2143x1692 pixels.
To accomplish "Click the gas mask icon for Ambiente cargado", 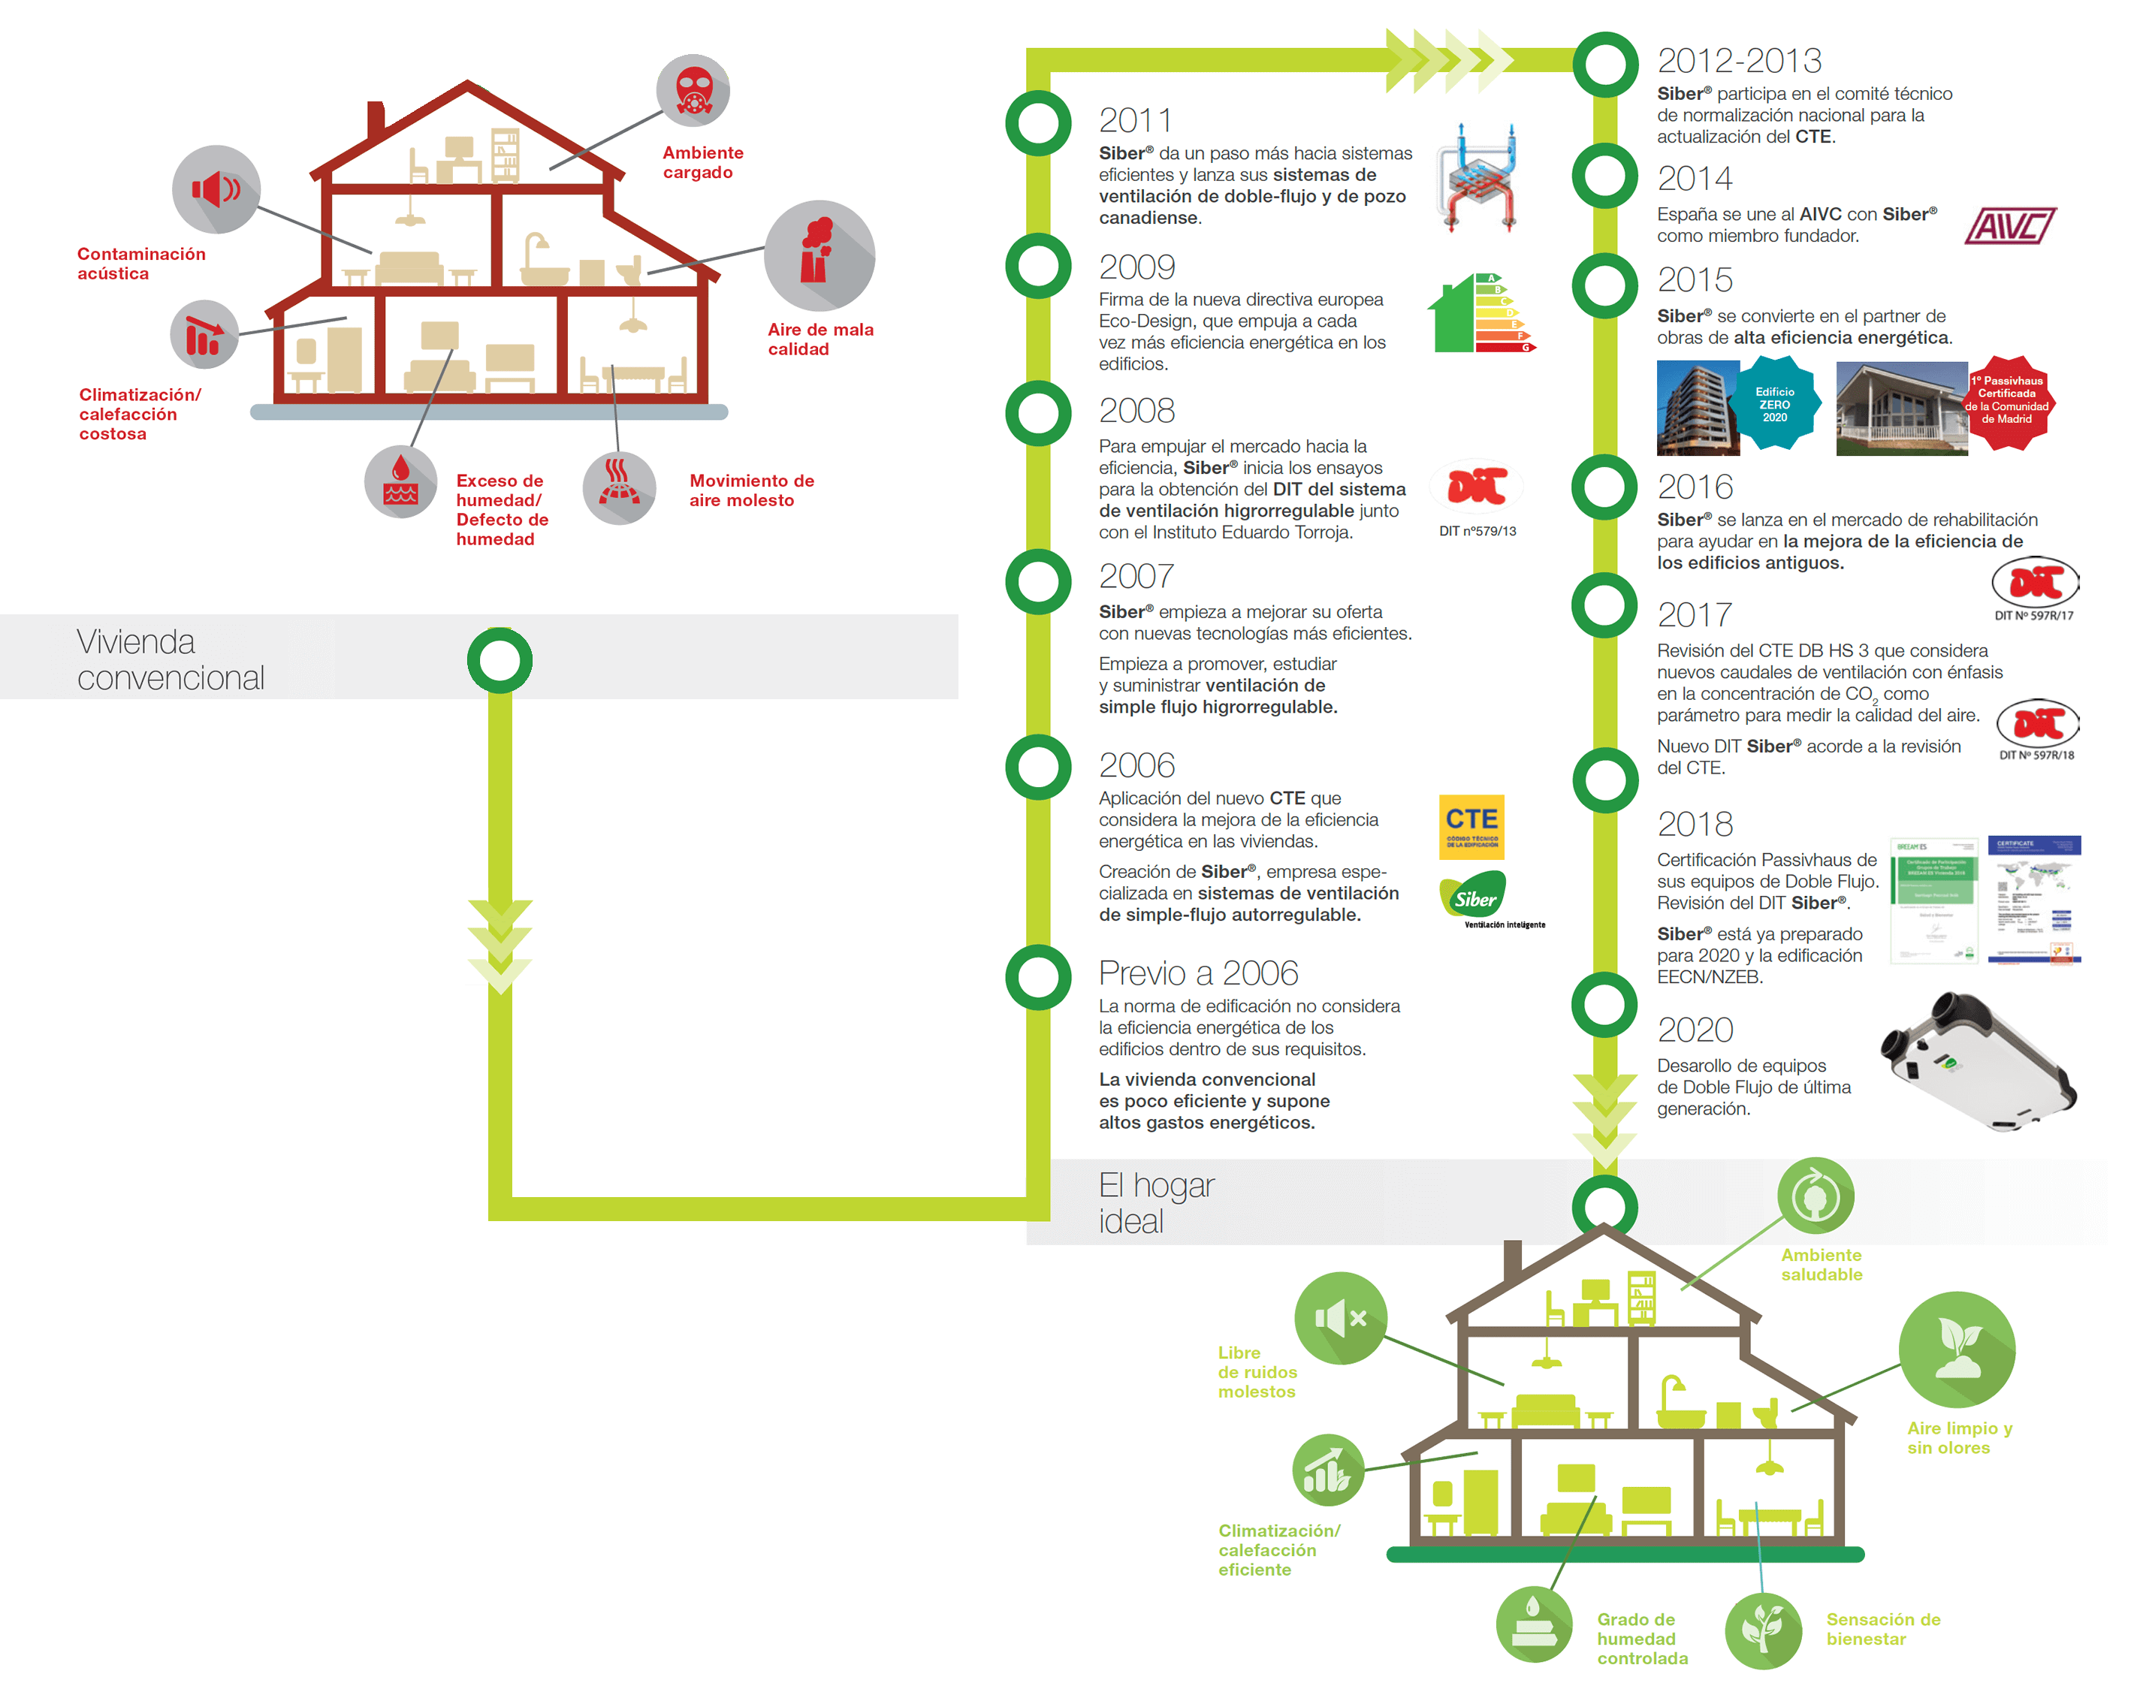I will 693,90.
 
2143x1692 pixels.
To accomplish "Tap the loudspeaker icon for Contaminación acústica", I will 216,189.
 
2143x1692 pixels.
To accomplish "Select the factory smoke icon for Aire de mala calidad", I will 818,255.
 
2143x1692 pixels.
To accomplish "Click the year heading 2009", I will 1136,267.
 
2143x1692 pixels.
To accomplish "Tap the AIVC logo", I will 2009,226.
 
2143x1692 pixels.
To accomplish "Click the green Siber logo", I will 1473,895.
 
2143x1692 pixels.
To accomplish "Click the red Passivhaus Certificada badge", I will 2006,401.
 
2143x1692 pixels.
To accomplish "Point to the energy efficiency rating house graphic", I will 1480,314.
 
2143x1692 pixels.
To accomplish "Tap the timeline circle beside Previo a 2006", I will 1037,977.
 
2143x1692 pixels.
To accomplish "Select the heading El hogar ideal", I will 1155,1202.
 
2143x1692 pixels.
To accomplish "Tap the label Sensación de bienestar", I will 1882,1629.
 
